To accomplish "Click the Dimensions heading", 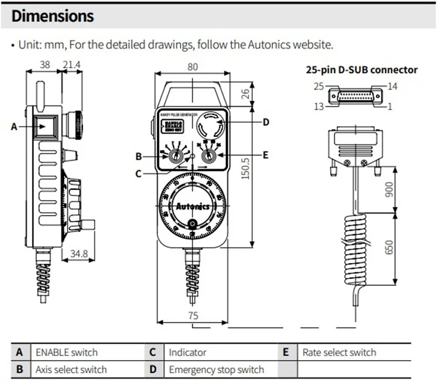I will point(53,15).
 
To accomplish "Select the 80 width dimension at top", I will point(192,67).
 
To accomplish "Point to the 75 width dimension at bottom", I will point(193,316).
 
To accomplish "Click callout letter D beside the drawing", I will point(266,122).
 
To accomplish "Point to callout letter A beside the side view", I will point(14,126).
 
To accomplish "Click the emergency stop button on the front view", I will point(211,126).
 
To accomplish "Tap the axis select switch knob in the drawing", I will point(176,156).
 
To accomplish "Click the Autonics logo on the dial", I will point(194,207).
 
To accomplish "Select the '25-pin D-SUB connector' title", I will point(361,70).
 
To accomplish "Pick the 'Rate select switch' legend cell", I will point(339,352).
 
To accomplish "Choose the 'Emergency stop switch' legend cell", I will point(217,370).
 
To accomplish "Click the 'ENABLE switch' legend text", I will point(67,352).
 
